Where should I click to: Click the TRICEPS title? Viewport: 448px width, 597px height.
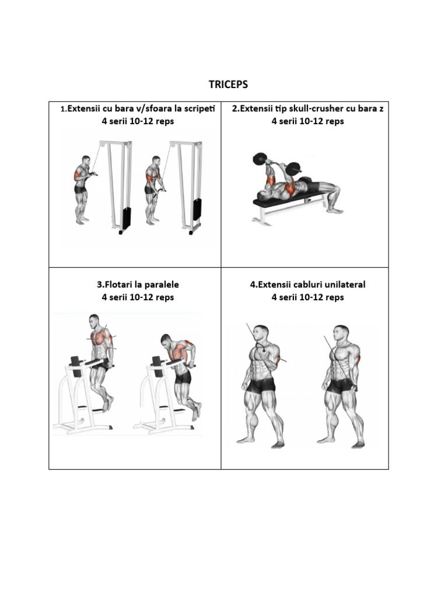click(x=228, y=84)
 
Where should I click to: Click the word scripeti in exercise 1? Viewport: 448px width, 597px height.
click(x=199, y=108)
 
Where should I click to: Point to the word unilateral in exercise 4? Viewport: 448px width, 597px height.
click(x=345, y=285)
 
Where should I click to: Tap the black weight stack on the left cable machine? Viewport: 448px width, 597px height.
click(x=127, y=219)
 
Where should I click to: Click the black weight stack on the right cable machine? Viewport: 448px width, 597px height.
click(x=197, y=209)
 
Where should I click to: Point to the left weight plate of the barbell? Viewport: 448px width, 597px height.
click(x=259, y=159)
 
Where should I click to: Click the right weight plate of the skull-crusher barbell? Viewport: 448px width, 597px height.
click(x=294, y=168)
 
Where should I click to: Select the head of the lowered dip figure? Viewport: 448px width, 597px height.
click(x=166, y=340)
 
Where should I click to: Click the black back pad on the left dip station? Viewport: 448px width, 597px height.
click(x=76, y=366)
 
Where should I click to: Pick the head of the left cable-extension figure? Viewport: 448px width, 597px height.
click(x=261, y=334)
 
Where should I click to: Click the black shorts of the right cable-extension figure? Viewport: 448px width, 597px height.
click(x=341, y=386)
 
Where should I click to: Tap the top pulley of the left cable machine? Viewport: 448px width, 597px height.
click(x=102, y=144)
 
